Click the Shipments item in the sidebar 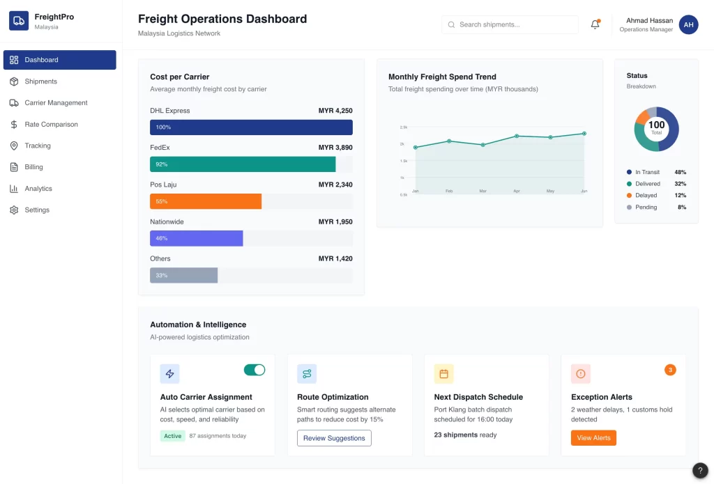[40, 81]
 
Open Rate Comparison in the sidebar [51, 125]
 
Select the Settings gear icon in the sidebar [14, 210]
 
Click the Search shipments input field [510, 25]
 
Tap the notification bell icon [595, 25]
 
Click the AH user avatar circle [688, 25]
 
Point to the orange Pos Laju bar [206, 201]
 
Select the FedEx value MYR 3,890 [335, 148]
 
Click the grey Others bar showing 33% [184, 275]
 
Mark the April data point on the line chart [517, 136]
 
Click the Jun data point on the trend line [584, 134]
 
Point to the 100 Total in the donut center [656, 127]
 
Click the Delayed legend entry [646, 196]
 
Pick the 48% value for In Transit [680, 172]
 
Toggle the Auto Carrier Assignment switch [255, 370]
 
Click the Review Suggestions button [334, 438]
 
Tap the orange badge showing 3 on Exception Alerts [670, 370]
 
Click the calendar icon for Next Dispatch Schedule [443, 374]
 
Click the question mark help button [700, 471]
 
